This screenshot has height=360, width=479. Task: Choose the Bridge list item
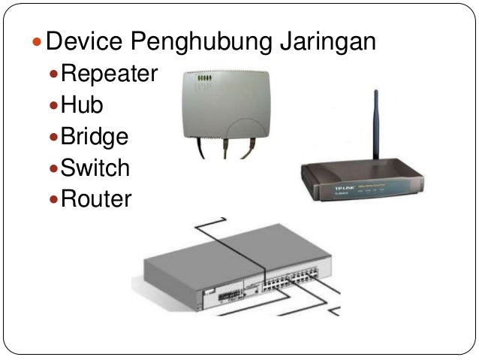pyautogui.click(x=95, y=137)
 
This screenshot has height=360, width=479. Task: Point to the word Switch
pyautogui.click(x=95, y=168)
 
